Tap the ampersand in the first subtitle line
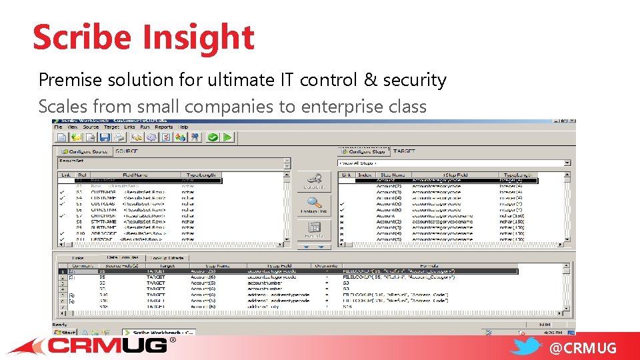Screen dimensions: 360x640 370,80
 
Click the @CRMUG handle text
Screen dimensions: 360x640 583,347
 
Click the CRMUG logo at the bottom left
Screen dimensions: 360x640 107,345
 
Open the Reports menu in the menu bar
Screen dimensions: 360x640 163,127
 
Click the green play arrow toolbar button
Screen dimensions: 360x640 228,137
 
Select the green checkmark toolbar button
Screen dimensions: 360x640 213,137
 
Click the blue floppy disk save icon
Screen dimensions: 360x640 104,137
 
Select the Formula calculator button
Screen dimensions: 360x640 314,230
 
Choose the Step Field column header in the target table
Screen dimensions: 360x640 455,175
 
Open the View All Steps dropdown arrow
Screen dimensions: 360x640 567,163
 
